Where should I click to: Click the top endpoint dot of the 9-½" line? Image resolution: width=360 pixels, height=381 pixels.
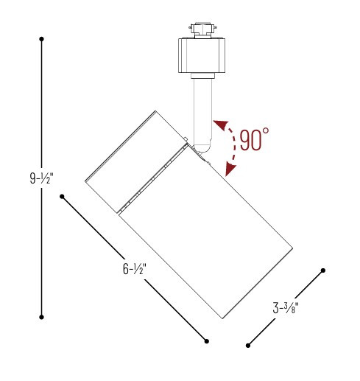[x=42, y=38]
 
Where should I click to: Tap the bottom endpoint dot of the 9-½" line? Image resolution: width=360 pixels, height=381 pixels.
[x=42, y=317]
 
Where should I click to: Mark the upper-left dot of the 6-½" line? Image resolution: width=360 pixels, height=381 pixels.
[x=63, y=197]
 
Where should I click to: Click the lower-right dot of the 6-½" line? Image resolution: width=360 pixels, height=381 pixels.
[x=207, y=340]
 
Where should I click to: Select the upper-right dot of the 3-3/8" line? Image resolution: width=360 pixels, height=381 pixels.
[x=322, y=270]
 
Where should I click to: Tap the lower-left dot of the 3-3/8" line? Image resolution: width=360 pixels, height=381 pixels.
[x=249, y=344]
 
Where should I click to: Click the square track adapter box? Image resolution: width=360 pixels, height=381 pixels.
[x=200, y=55]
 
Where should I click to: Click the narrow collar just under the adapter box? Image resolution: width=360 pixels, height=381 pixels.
[x=201, y=76]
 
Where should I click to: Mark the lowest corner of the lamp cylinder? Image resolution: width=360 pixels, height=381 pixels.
[x=222, y=320]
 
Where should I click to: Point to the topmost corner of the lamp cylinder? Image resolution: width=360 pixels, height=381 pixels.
[x=155, y=111]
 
